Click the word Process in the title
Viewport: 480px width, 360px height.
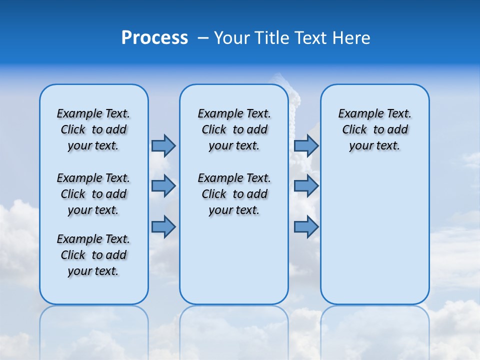(x=154, y=38)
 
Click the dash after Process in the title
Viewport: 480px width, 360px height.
(x=203, y=38)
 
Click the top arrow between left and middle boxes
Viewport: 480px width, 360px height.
(x=163, y=145)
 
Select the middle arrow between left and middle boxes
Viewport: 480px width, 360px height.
(x=163, y=186)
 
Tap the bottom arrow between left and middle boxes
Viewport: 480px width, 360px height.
(x=163, y=227)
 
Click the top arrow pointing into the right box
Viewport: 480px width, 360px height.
(x=306, y=145)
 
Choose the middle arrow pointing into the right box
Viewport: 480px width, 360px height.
(x=306, y=186)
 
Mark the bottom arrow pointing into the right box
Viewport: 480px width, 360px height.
(x=306, y=227)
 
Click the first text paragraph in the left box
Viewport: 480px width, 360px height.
(x=93, y=129)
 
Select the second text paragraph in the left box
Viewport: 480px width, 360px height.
(x=93, y=194)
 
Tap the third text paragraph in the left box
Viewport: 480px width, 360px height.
(x=93, y=255)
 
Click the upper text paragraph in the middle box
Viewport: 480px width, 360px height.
(x=234, y=129)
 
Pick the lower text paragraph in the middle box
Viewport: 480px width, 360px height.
(x=234, y=194)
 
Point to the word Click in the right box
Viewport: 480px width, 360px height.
(x=354, y=130)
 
